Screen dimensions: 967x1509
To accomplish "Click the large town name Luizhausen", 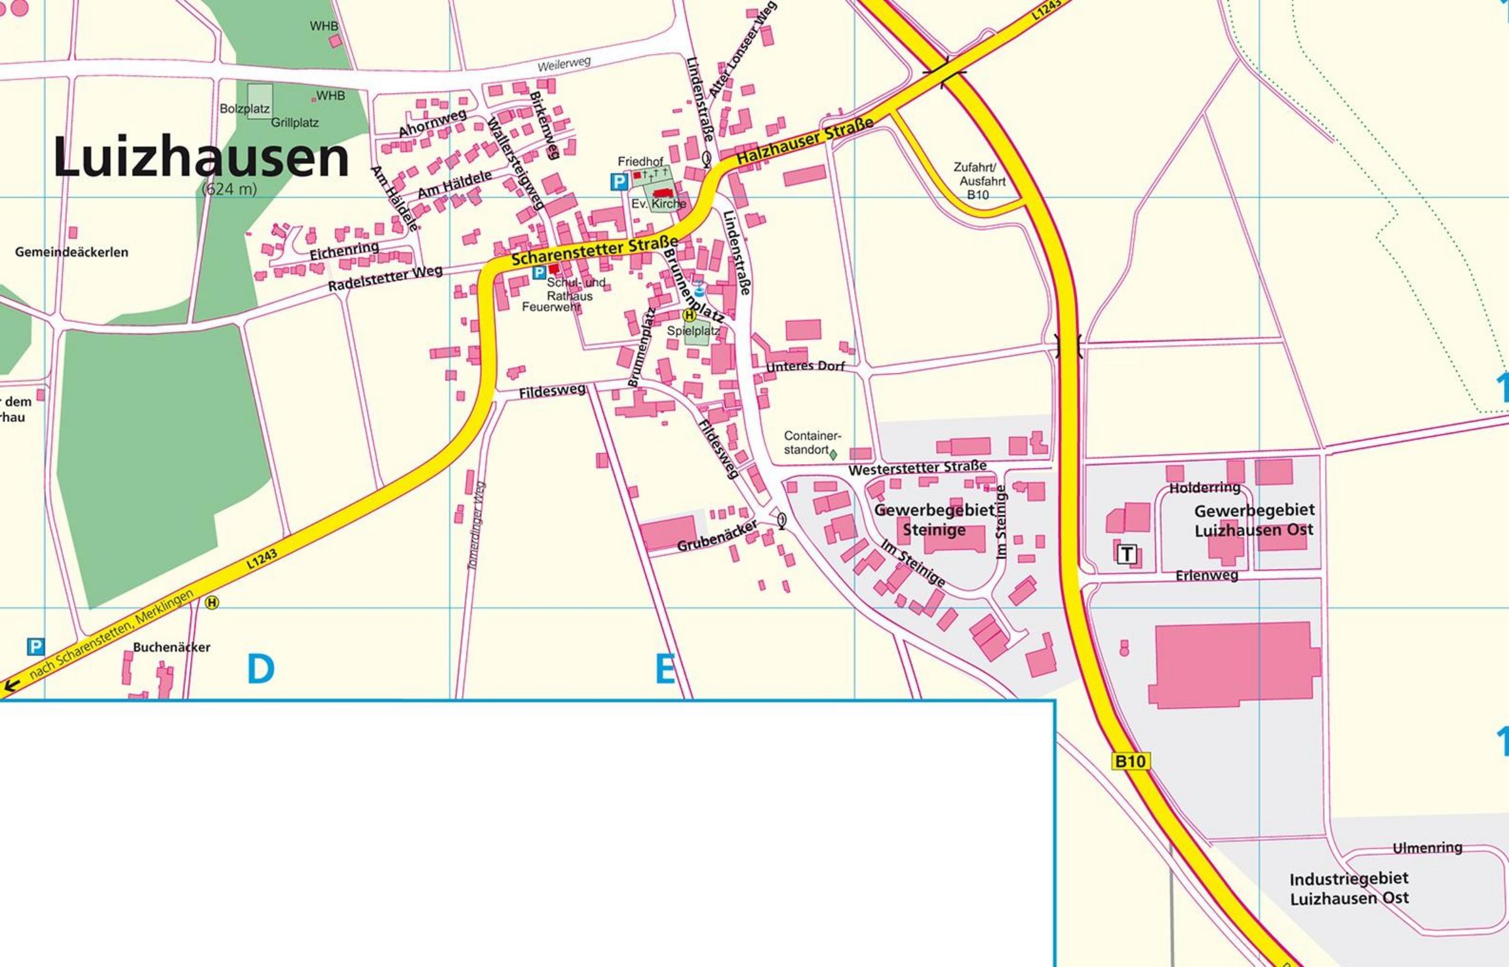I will tap(201, 157).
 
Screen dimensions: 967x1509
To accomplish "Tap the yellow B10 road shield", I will tap(1130, 761).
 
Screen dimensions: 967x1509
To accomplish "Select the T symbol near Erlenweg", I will tap(1127, 555).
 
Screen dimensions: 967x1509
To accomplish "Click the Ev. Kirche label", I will tap(659, 204).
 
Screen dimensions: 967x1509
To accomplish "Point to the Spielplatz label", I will tap(693, 331).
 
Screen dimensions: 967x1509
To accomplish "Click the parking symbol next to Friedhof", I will tap(619, 182).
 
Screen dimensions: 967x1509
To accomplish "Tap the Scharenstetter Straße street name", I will tap(594, 250).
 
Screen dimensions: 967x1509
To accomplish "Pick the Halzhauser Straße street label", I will tap(805, 141).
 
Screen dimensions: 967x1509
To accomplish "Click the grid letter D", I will tap(260, 669).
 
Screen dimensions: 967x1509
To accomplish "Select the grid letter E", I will tap(665, 669).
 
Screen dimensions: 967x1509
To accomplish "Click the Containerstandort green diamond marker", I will tap(833, 453).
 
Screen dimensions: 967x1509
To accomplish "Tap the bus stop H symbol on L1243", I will tap(213, 603).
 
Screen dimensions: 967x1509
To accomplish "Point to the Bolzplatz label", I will tap(244, 109).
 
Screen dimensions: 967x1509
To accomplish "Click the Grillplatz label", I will tap(294, 123).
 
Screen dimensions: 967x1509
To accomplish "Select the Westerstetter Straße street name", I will tap(917, 468).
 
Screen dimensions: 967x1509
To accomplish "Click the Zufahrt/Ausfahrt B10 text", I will tap(979, 181).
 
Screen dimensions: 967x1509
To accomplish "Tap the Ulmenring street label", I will tap(1427, 848).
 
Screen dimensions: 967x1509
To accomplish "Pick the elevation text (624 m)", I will tap(229, 189).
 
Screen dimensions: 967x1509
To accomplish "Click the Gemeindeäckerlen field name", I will tap(72, 252).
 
